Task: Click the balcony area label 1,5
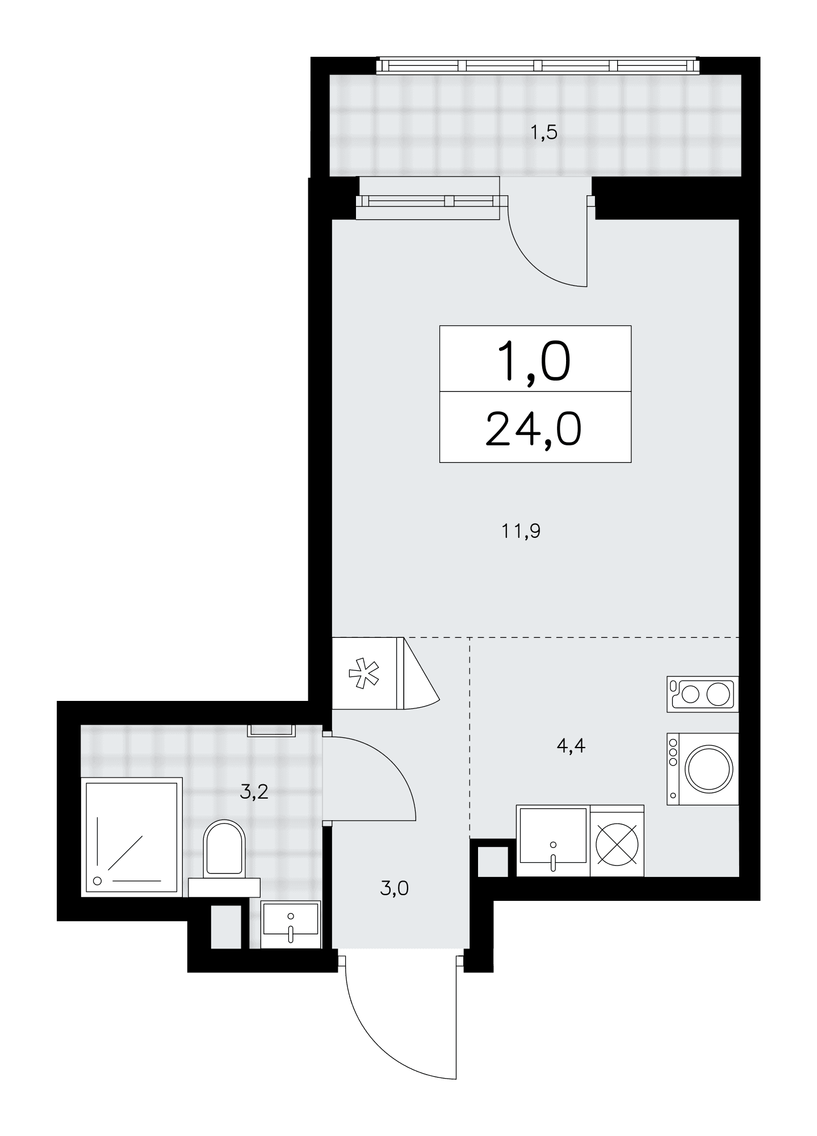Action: point(543,133)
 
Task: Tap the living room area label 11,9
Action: point(520,532)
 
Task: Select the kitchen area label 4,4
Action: point(571,745)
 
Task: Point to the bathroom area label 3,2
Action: point(254,792)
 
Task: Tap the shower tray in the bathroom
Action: point(132,837)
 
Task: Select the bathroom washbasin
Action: point(291,925)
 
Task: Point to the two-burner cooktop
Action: point(703,694)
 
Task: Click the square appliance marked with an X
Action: point(617,841)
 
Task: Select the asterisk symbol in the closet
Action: point(363,674)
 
